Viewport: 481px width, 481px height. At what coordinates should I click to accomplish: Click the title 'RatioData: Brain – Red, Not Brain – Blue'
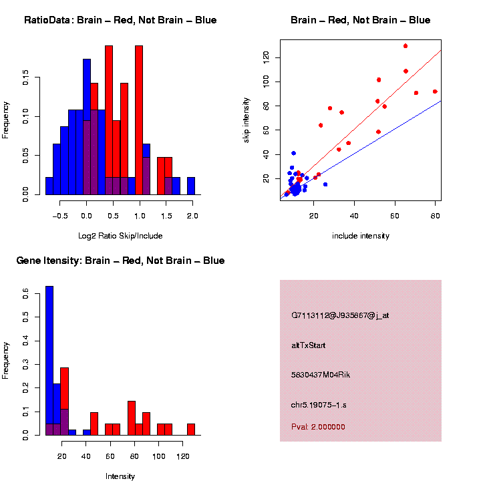point(120,20)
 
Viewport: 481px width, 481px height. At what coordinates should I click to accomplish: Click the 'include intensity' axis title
point(361,236)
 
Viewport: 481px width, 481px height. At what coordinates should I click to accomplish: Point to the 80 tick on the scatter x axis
point(436,214)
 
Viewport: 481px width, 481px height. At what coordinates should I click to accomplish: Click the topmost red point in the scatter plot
point(406,46)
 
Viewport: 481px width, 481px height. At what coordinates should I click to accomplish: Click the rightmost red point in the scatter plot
point(435,92)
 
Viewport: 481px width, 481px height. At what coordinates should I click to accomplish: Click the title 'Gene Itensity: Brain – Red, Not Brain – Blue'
point(120,261)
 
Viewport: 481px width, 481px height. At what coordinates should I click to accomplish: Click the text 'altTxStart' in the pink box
point(308,345)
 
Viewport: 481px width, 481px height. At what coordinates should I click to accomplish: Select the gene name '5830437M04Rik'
point(321,375)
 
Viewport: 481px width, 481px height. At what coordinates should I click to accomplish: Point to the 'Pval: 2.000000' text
point(318,427)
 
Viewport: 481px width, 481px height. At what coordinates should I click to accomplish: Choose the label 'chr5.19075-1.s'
point(319,405)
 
